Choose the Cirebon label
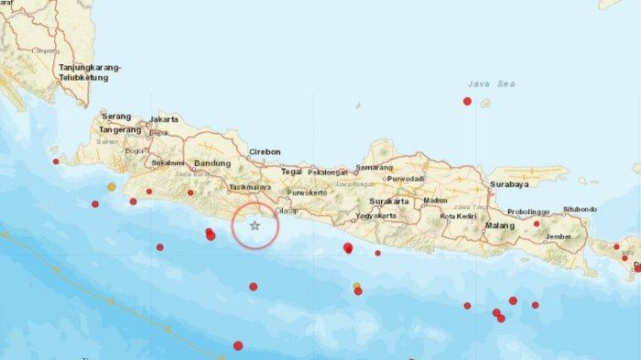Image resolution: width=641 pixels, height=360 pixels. click(x=264, y=153)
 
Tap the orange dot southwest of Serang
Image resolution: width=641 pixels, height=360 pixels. click(x=112, y=187)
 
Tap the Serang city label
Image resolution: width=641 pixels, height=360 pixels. click(x=115, y=118)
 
